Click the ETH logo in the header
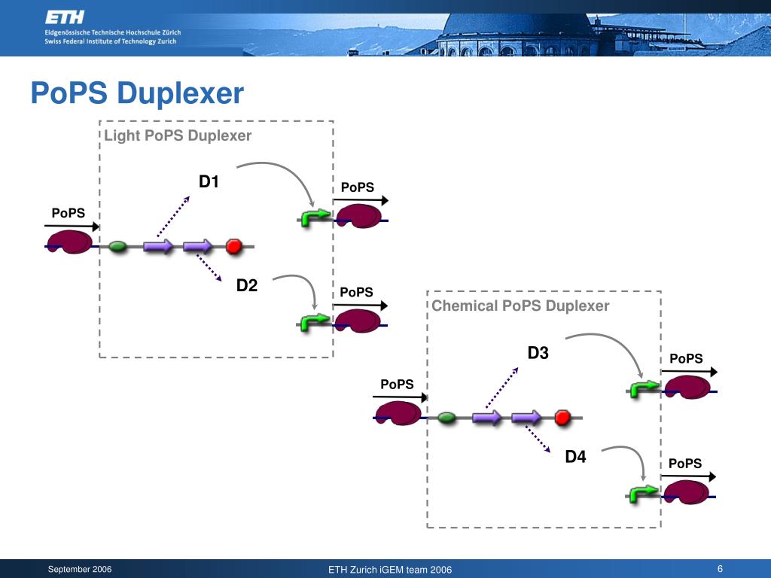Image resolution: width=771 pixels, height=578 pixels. coord(65,18)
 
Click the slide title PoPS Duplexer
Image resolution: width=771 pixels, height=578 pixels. coord(137,93)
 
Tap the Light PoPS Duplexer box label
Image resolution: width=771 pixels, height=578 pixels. coord(178,135)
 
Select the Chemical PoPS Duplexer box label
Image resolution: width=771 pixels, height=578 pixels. coord(520,306)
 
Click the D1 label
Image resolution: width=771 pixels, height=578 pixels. coord(209,181)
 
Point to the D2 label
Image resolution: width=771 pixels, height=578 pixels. coord(247,285)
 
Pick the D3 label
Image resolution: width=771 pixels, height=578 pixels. coord(538,352)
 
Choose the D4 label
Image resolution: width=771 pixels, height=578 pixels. coord(575,457)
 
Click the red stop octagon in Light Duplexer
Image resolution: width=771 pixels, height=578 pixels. coord(234,246)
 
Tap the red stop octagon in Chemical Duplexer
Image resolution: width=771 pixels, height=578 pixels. coord(562,417)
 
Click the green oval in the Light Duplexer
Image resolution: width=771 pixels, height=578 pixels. coord(117,246)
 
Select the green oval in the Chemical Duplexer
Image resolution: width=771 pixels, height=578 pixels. coord(446,418)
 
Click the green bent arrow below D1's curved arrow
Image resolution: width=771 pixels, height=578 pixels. coord(315,218)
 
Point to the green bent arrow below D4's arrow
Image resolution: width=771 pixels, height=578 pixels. coord(644,494)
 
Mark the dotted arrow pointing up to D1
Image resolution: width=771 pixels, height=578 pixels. coord(173,217)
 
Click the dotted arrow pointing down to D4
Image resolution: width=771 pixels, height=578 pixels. coord(538,439)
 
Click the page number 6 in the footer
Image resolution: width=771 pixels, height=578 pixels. coord(720,569)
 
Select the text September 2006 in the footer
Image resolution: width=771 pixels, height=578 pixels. coord(80,569)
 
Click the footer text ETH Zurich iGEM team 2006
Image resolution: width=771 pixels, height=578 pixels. coord(390,570)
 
